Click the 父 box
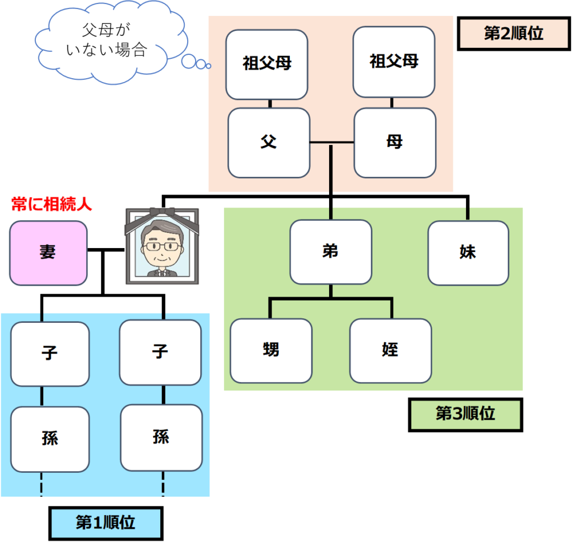(269, 143)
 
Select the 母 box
(395, 143)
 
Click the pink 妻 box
(48, 253)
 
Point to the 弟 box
(331, 252)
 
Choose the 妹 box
(468, 253)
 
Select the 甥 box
(271, 350)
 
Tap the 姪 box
(390, 350)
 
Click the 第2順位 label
(513, 34)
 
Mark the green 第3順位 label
(465, 414)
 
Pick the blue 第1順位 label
(106, 523)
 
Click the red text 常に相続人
(52, 204)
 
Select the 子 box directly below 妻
(50, 354)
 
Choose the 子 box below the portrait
(160, 352)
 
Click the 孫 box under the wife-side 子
(50, 439)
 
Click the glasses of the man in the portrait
(163, 246)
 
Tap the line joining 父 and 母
(332, 141)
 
